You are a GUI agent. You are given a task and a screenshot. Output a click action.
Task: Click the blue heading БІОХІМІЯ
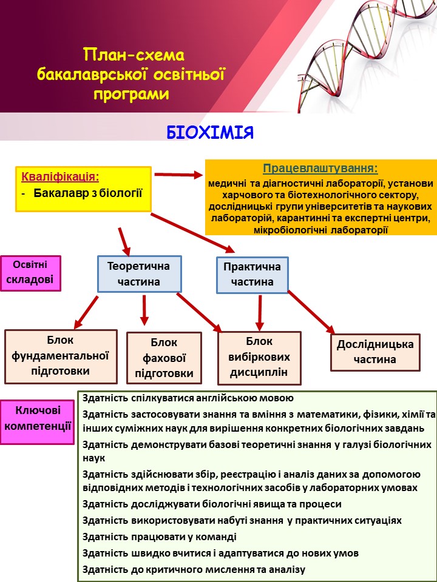tap(210, 133)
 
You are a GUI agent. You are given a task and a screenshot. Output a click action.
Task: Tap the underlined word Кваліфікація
tap(60, 177)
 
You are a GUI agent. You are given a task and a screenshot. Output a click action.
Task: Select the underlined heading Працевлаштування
tap(320, 169)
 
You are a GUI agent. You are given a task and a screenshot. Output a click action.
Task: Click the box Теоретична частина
tap(140, 274)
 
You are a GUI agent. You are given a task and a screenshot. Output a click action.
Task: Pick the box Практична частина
tap(252, 274)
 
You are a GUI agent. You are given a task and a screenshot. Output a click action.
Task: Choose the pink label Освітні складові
tap(30, 273)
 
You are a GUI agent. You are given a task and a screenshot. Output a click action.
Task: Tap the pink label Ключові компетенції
tap(38, 422)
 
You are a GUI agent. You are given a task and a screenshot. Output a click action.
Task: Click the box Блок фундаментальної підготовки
tap(61, 356)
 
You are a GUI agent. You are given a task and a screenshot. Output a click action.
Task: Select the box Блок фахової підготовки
tap(164, 358)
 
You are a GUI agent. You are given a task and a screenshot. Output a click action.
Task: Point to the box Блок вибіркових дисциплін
tap(259, 358)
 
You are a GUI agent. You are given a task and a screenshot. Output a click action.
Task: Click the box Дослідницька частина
tap(375, 352)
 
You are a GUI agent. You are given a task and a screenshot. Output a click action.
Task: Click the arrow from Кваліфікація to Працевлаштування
tap(178, 175)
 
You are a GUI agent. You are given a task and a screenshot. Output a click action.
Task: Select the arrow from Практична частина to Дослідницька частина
tap(311, 312)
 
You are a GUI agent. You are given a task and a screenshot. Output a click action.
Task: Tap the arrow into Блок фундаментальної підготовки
tap(86, 312)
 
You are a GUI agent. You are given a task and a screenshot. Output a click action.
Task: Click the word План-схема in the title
tap(134, 55)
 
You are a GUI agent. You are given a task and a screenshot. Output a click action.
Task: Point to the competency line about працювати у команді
tap(160, 537)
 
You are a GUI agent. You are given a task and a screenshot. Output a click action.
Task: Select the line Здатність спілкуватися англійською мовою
tap(188, 398)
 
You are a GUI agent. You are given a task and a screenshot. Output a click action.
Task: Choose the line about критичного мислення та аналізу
tap(194, 569)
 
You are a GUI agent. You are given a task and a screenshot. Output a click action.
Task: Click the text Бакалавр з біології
tap(87, 193)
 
